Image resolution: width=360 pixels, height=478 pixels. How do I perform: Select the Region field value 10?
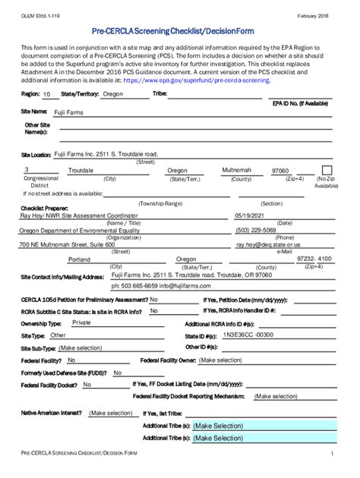[47, 96]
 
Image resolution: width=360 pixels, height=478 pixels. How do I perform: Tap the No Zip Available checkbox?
[327, 170]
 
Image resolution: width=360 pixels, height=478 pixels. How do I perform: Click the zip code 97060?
[280, 171]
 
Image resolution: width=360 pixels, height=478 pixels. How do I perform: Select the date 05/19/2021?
[251, 215]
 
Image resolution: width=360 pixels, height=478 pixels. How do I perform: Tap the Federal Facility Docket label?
[49, 385]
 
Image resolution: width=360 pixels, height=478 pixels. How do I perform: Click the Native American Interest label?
[51, 413]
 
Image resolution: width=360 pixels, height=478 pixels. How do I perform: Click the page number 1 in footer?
[332, 453]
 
